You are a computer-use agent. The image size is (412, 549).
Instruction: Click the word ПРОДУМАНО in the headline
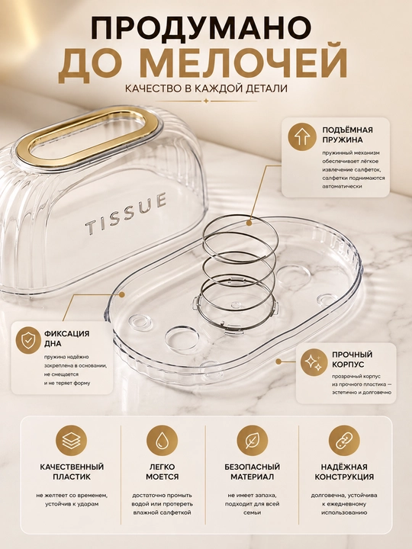click(x=201, y=28)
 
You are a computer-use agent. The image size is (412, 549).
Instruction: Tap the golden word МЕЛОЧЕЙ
click(x=243, y=65)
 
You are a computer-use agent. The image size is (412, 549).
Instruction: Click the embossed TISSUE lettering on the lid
click(x=126, y=213)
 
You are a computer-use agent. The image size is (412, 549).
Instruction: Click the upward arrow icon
click(x=302, y=137)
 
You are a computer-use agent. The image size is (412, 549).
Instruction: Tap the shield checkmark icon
click(x=28, y=340)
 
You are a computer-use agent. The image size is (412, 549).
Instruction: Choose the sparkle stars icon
click(x=314, y=362)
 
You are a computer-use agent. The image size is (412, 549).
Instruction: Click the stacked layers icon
click(x=71, y=441)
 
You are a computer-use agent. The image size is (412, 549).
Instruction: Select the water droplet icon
click(x=163, y=441)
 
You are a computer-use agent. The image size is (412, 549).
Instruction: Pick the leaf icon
click(x=253, y=441)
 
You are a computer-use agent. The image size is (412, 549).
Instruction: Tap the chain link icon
click(x=344, y=441)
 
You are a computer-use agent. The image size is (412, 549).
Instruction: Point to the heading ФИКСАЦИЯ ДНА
click(x=66, y=339)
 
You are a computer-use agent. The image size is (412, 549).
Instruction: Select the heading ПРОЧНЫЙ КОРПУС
click(x=352, y=360)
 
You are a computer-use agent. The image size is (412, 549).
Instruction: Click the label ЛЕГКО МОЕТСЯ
click(x=163, y=472)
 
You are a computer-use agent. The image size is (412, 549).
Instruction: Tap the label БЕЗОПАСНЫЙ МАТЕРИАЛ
click(x=253, y=472)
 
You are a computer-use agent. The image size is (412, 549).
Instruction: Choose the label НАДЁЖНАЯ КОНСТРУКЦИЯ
click(x=344, y=472)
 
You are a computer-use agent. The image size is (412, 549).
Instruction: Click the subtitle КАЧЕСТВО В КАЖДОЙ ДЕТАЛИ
click(x=206, y=88)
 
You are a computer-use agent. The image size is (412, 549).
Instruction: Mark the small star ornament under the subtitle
click(x=206, y=101)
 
